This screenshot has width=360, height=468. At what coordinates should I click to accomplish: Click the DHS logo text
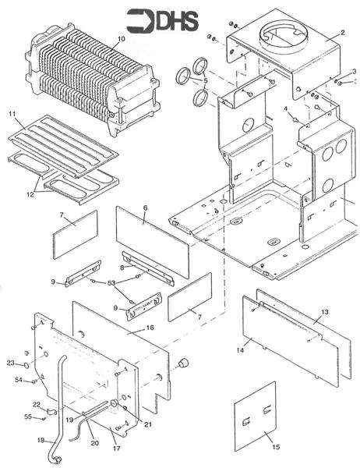[x=177, y=21]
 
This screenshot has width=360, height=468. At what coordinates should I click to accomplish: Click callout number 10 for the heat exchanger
[x=121, y=39]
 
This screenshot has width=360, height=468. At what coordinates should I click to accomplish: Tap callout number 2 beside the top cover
[x=342, y=33]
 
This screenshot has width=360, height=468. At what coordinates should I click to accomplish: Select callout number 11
[x=12, y=114]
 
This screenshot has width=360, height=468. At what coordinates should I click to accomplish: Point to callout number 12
[x=30, y=194]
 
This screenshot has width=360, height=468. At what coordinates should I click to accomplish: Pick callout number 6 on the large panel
[x=145, y=207]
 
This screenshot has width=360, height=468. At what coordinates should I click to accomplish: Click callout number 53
[x=111, y=282]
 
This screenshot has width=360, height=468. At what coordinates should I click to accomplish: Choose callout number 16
[x=150, y=328]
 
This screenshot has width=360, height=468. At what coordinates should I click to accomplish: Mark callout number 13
[x=325, y=312]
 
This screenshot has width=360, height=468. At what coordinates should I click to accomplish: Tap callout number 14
[x=240, y=350]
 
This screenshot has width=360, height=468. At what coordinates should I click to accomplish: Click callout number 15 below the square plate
[x=276, y=447]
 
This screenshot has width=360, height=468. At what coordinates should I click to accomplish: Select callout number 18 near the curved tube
[x=41, y=440]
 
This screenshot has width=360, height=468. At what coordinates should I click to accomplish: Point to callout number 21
[x=147, y=424]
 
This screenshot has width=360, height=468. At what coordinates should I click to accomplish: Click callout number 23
[x=11, y=363]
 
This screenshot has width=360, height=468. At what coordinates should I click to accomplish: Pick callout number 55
[x=28, y=417]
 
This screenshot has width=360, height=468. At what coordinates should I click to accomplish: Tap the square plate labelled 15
[x=256, y=417]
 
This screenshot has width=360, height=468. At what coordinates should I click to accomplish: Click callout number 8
[x=122, y=268]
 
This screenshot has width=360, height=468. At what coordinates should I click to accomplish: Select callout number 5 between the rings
[x=206, y=80]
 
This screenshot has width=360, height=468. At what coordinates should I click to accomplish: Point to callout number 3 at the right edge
[x=354, y=71]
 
